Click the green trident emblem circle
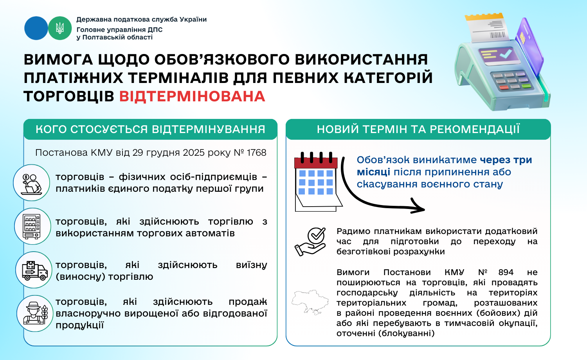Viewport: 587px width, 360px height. click(60, 28)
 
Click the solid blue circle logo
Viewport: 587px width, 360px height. click(36, 28)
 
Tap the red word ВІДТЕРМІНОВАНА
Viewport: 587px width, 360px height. click(192, 96)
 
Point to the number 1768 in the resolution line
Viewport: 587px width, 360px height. click(257, 153)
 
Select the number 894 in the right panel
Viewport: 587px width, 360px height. click(506, 272)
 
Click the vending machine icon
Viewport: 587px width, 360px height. click(32, 227)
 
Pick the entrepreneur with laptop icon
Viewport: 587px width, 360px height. click(31, 184)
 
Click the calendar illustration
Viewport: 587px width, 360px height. click(318, 182)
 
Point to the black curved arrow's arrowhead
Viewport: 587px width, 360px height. click(418, 207)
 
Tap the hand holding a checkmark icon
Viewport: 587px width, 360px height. click(310, 241)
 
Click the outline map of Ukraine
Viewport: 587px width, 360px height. click(310, 302)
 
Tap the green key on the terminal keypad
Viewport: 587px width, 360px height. click(526, 86)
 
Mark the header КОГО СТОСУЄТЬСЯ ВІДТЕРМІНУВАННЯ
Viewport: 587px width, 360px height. click(150, 129)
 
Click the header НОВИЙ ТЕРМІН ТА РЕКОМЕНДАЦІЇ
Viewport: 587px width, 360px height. click(418, 129)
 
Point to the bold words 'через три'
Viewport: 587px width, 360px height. click(506, 160)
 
